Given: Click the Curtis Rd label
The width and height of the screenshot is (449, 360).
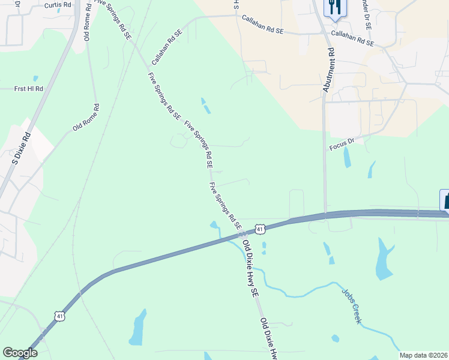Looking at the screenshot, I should point(58,5).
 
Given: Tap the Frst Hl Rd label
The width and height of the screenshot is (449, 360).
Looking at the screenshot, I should point(29,89).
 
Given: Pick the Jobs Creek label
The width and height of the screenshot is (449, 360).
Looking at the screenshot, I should point(352,305).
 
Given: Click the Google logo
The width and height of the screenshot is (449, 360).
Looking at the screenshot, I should point(20,353).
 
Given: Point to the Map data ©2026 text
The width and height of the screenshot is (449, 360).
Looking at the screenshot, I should point(423,355).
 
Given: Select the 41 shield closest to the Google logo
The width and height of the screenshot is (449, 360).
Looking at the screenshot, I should point(59,316).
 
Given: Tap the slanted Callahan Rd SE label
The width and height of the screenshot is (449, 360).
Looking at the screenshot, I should point(167,47).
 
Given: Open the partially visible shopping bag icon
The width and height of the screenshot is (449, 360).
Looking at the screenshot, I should point(445,200).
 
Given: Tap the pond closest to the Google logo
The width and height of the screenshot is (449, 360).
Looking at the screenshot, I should point(138,328).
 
